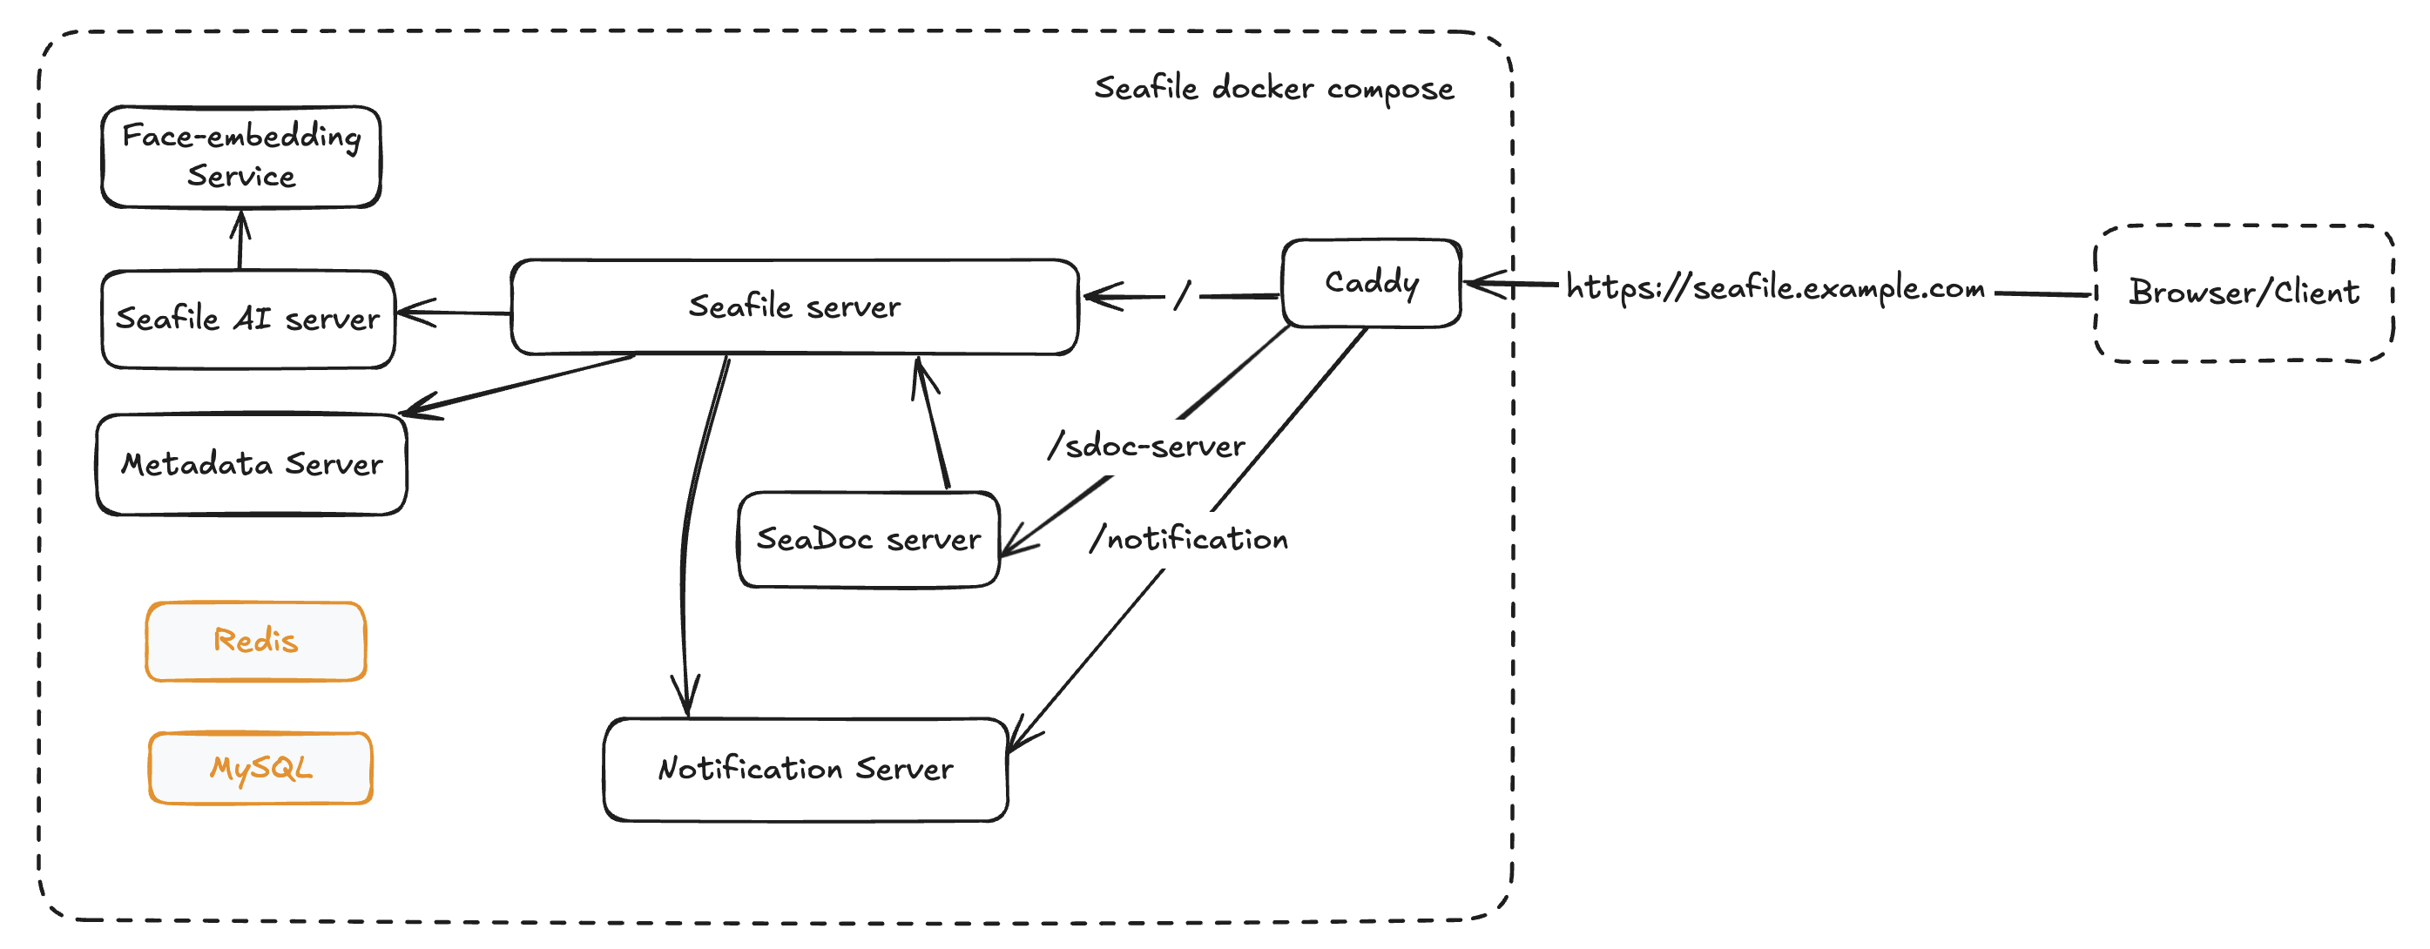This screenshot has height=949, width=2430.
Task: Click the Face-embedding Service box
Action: point(240,157)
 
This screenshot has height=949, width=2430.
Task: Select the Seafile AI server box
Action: point(247,319)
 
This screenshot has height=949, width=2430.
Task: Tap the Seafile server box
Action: point(794,306)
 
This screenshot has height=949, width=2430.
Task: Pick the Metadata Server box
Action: point(251,464)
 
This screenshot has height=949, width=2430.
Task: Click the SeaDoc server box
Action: point(867,540)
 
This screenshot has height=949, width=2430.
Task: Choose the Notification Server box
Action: point(805,769)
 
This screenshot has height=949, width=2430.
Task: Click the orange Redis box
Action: point(256,641)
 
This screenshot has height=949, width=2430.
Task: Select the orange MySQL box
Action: point(260,768)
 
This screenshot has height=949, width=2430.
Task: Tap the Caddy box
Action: point(1371,282)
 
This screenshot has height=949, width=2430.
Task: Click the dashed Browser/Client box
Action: point(2244,293)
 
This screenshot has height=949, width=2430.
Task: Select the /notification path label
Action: point(1189,539)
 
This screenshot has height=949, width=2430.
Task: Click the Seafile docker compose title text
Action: point(1273,89)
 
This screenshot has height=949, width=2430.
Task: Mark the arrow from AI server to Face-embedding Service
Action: point(240,239)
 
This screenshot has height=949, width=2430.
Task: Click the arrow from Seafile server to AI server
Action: point(453,313)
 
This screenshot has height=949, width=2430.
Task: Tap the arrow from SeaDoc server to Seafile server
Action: point(932,425)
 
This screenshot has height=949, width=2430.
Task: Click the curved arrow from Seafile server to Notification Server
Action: point(693,528)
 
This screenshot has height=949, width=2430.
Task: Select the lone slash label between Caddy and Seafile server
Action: point(1182,295)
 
